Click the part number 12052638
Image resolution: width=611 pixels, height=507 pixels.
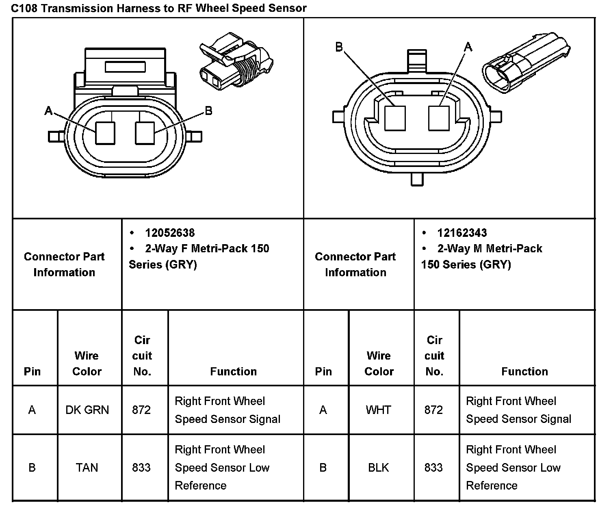[x=170, y=233]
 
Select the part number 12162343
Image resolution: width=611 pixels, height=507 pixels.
[x=462, y=233]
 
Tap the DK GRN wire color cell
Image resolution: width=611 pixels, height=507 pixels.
[x=87, y=410]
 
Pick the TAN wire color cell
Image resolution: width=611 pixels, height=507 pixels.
[x=87, y=468]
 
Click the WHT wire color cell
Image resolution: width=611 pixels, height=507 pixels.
[x=378, y=410]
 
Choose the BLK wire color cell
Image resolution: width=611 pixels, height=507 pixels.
[x=378, y=468]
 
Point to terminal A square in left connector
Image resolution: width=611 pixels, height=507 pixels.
[x=105, y=133]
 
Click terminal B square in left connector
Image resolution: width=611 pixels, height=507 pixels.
[x=145, y=133]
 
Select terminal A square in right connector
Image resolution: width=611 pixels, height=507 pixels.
[x=439, y=118]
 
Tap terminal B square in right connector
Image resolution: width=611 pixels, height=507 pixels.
[x=395, y=118]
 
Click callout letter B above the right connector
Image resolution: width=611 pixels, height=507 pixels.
[x=339, y=48]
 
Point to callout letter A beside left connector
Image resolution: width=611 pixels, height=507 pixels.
[x=48, y=110]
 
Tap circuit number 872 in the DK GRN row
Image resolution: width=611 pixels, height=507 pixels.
[x=141, y=410]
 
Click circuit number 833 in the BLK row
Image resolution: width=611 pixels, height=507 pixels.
[x=433, y=468]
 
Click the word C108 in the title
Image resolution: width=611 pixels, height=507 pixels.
[x=24, y=8]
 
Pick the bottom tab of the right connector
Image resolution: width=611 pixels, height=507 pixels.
[x=417, y=179]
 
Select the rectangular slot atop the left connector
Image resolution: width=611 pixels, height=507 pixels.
[x=125, y=67]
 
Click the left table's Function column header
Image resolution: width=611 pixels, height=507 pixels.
[x=233, y=371]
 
